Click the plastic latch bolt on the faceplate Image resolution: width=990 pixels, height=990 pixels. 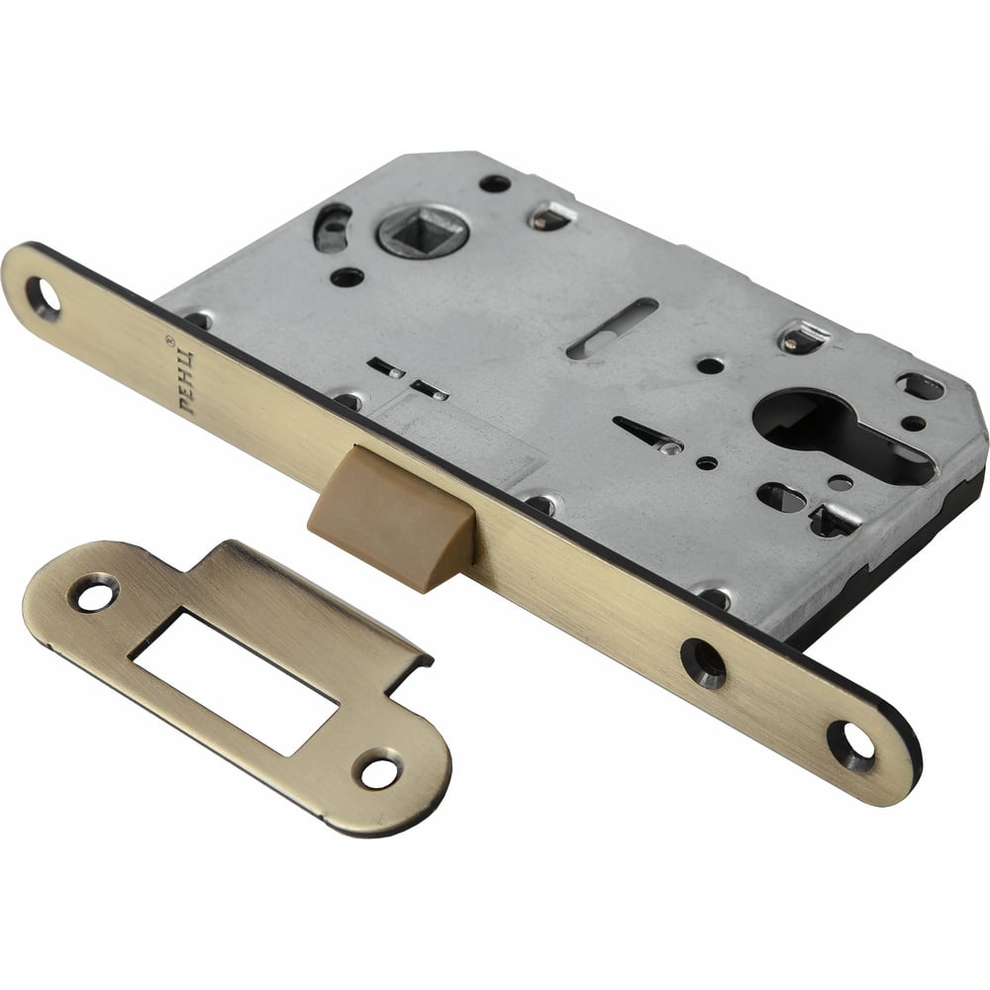click(390, 517)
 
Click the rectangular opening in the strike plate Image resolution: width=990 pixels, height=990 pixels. click(234, 681)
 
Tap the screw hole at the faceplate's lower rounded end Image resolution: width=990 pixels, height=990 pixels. click(851, 745)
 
